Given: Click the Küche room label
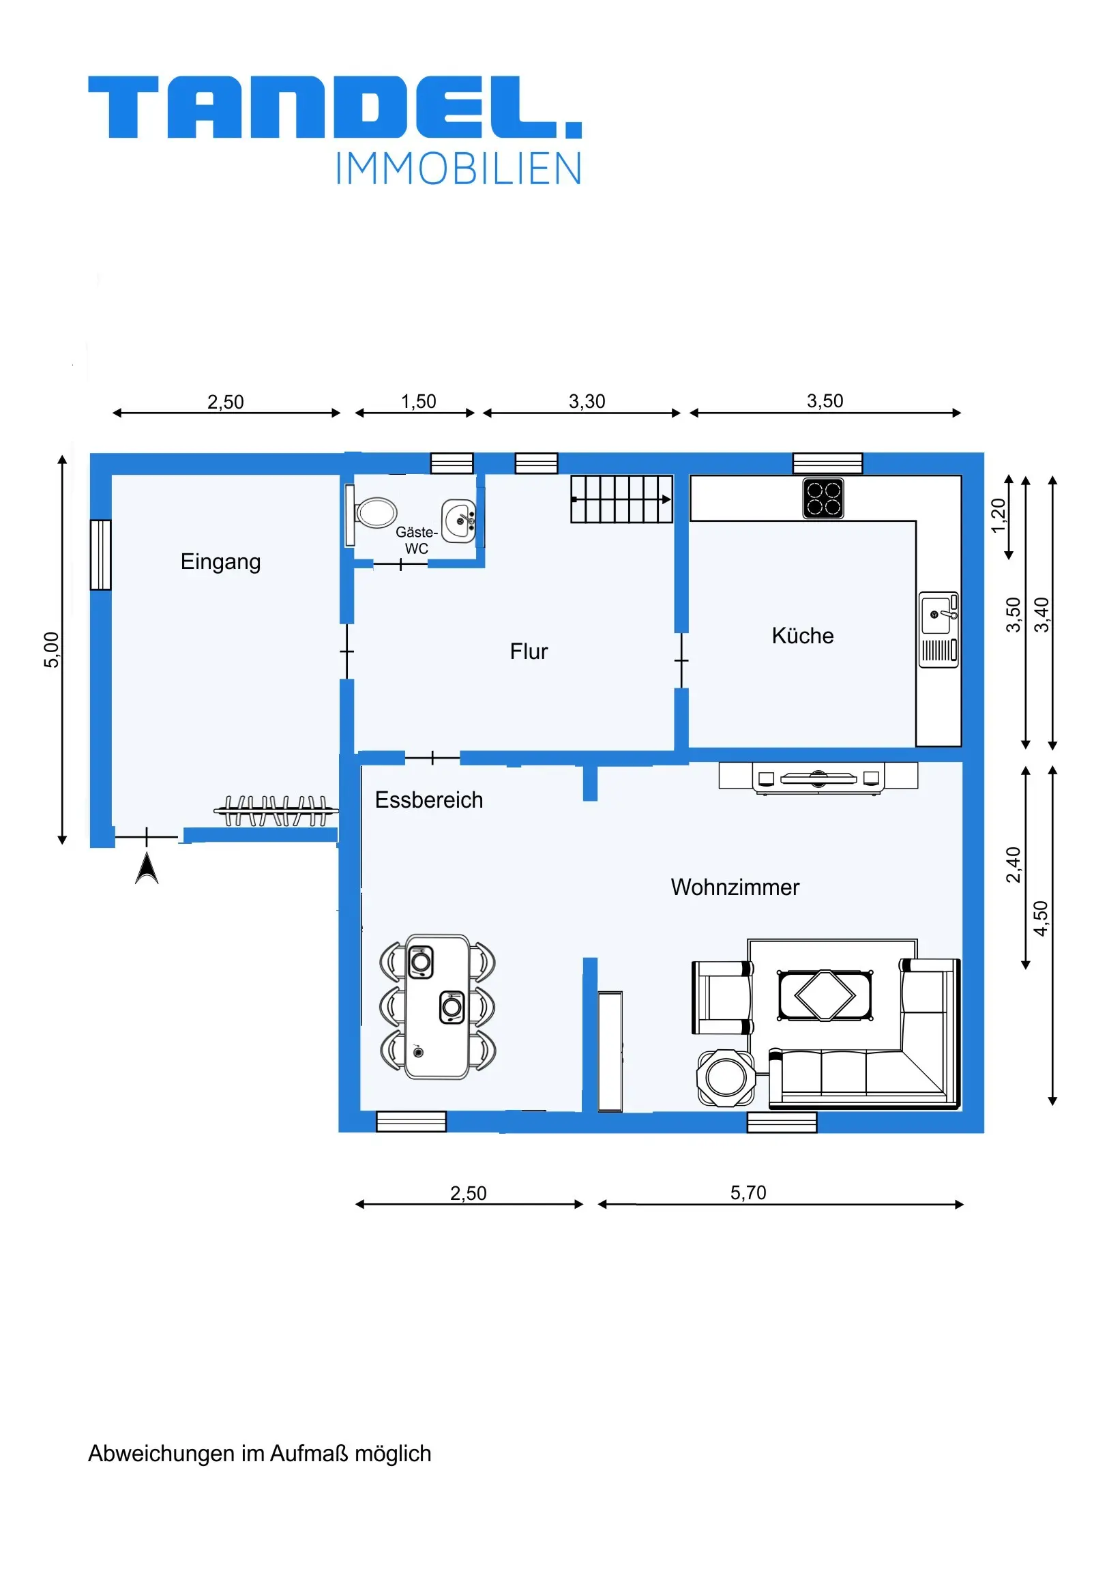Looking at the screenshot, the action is coord(802,636).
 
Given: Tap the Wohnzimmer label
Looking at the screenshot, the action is coord(735,887).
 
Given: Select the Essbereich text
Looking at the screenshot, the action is coord(428,800).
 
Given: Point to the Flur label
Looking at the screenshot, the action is coord(528,651).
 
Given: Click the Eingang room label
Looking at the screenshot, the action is coord(220,561).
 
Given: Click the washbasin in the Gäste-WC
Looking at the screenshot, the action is coord(459,521).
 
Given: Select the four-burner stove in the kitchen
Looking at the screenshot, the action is coord(823,498).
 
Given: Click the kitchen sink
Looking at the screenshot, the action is coord(938,630).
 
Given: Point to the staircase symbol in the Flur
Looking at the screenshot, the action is coord(622,499).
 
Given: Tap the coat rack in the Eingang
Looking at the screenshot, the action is coord(276,811).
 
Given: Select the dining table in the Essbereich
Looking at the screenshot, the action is coord(437,1008).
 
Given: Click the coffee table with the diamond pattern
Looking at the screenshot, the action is coord(825,996).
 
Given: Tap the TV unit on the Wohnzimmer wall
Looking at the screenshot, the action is coord(818,778).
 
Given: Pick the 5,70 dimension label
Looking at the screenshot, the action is coord(748,1192).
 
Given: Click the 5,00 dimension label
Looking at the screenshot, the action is coord(51,649).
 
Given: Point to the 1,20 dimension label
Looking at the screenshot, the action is coord(999,516).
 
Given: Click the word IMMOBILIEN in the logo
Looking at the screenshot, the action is coord(458,168).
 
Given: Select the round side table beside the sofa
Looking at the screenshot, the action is coord(726,1078).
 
